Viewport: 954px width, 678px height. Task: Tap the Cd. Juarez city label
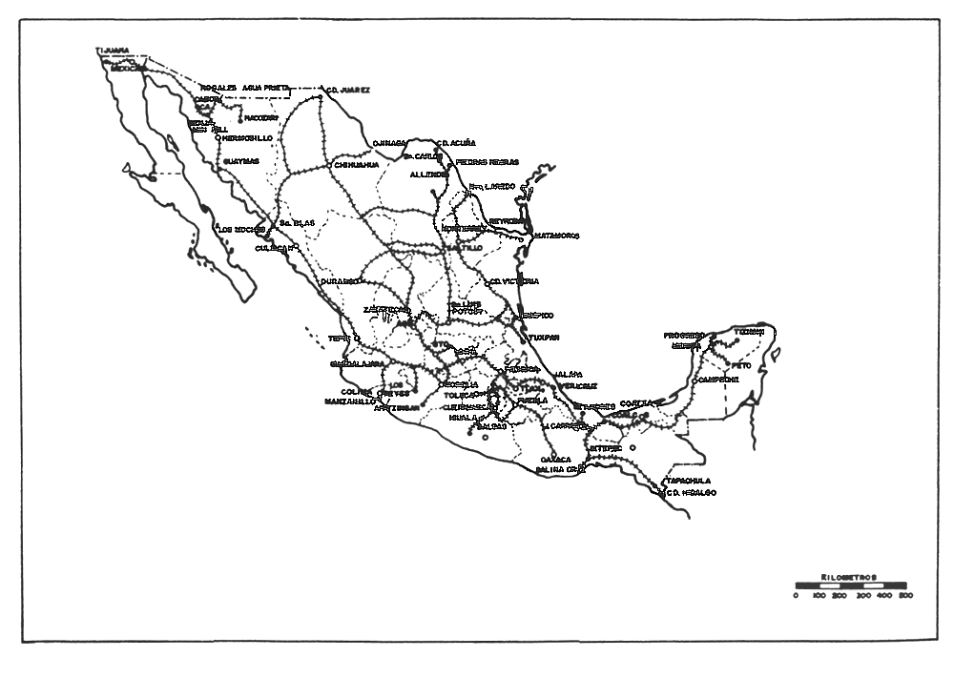(348, 91)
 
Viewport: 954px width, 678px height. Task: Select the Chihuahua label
(357, 164)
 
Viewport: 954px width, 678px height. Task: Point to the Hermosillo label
(247, 138)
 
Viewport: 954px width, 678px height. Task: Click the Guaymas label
(241, 161)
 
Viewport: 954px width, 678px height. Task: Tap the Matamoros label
(556, 235)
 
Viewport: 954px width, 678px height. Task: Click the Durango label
(339, 281)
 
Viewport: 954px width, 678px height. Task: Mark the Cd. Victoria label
(514, 281)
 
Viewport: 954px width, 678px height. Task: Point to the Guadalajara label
(358, 363)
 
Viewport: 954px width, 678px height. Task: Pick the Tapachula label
(691, 481)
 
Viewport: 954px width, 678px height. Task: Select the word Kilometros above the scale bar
(850, 577)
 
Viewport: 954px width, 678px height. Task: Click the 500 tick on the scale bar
(904, 595)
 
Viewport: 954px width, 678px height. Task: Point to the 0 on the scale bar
(796, 595)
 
